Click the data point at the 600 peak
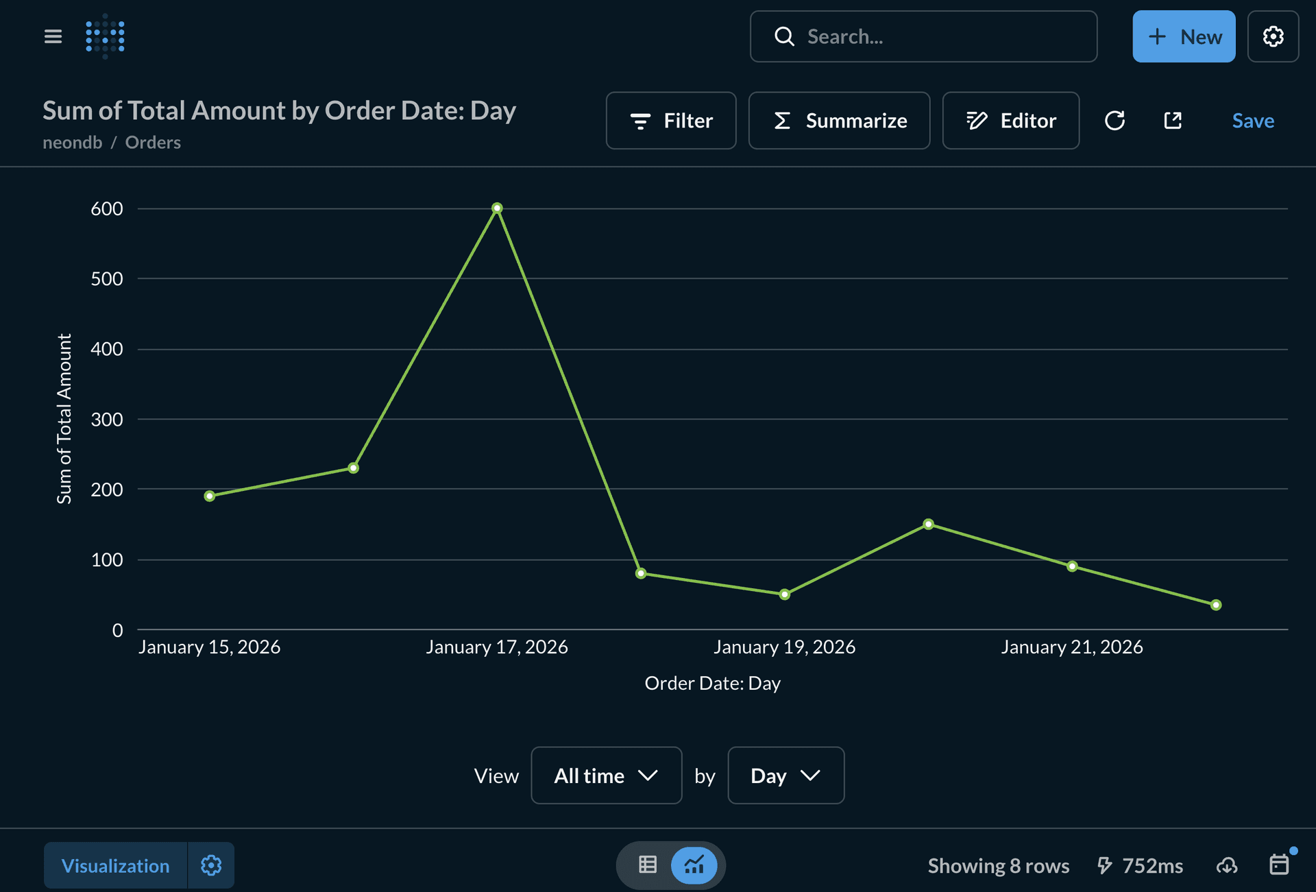click(497, 208)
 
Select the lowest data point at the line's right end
click(1215, 605)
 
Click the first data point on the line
click(210, 496)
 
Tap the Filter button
click(670, 121)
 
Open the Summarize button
click(839, 121)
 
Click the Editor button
click(1010, 121)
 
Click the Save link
click(1252, 121)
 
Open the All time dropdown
click(606, 775)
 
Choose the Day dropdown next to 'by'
click(785, 775)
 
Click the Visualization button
click(115, 865)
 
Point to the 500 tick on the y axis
click(107, 278)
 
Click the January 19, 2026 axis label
click(784, 647)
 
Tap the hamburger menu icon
click(53, 36)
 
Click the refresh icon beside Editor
click(1114, 121)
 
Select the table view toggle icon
click(647, 865)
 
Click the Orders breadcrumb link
click(153, 143)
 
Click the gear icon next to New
click(1273, 36)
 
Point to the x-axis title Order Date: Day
click(712, 683)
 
